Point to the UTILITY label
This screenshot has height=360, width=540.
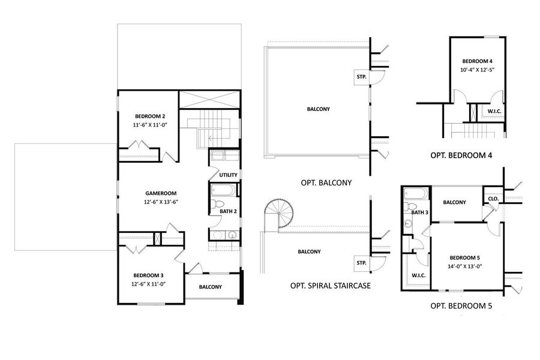pyautogui.click(x=229, y=175)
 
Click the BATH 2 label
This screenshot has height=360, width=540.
pyautogui.click(x=229, y=211)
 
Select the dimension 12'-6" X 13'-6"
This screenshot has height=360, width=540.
pyautogui.click(x=161, y=202)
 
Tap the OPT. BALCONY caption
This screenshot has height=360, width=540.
pyautogui.click(x=326, y=182)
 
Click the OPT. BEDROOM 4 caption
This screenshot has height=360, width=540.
pyautogui.click(x=461, y=155)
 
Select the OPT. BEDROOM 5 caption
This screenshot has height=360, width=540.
pyautogui.click(x=461, y=306)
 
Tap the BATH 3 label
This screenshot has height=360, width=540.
pyautogui.click(x=419, y=212)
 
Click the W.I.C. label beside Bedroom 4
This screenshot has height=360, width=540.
pyautogui.click(x=494, y=110)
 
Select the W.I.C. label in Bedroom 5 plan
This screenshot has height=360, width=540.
pyautogui.click(x=419, y=275)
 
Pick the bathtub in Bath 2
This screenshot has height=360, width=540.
pyautogui.click(x=223, y=192)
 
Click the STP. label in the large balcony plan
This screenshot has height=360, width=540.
pyautogui.click(x=361, y=76)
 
